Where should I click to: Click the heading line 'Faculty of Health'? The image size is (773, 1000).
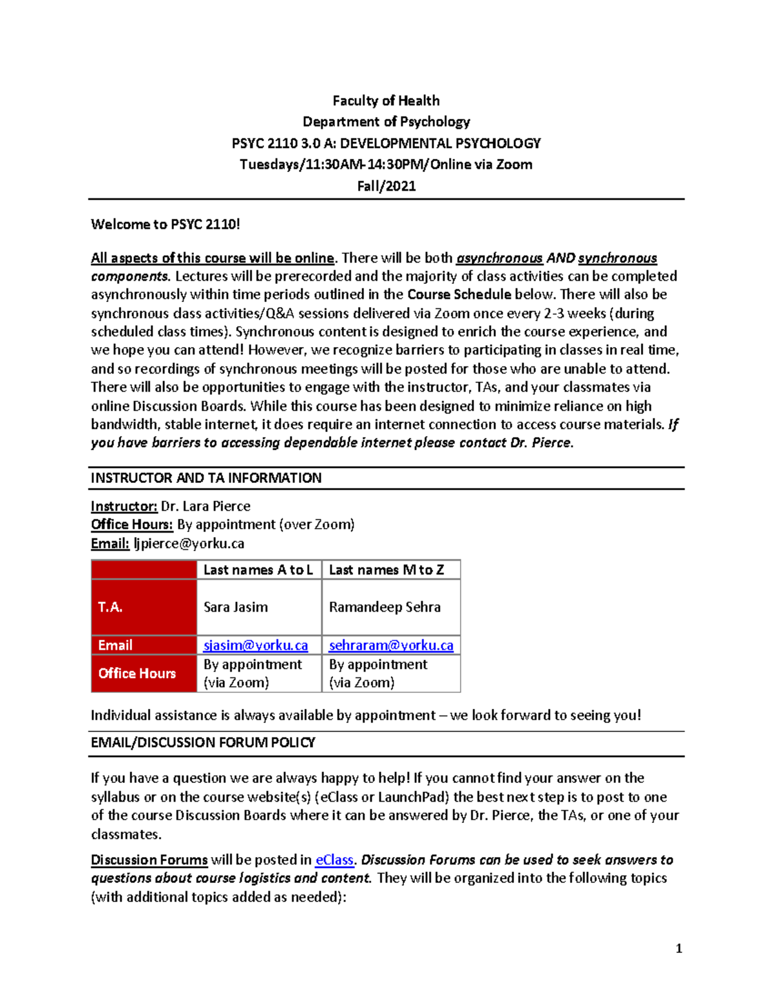point(386,100)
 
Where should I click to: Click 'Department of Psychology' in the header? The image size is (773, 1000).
point(386,122)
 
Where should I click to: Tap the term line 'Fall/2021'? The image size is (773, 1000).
point(386,186)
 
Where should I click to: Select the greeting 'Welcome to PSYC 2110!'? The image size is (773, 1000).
point(166,224)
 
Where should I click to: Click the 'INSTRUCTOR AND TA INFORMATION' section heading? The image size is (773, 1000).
point(206,478)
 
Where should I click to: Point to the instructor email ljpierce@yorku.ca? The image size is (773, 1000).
point(189,543)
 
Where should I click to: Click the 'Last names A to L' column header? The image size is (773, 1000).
point(258,570)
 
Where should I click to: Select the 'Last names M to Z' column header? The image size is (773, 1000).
point(386,570)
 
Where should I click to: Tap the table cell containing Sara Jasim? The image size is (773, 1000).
point(236,607)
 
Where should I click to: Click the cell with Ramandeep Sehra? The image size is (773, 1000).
point(385,607)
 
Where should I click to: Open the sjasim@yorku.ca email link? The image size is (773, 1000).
point(256,645)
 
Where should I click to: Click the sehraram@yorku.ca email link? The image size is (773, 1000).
point(391,645)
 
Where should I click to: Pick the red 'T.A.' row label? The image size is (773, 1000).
point(110,607)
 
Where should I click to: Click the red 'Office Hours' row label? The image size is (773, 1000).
point(137,674)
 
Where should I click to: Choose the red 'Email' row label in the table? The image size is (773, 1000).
point(115,645)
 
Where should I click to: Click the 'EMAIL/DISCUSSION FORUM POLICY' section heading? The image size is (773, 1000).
point(203,742)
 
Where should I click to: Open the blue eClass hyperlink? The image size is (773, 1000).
point(334,860)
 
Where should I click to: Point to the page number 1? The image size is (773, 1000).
point(679,948)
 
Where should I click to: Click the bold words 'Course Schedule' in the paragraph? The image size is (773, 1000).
point(459,294)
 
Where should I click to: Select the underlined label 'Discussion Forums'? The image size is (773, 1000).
point(149,860)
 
